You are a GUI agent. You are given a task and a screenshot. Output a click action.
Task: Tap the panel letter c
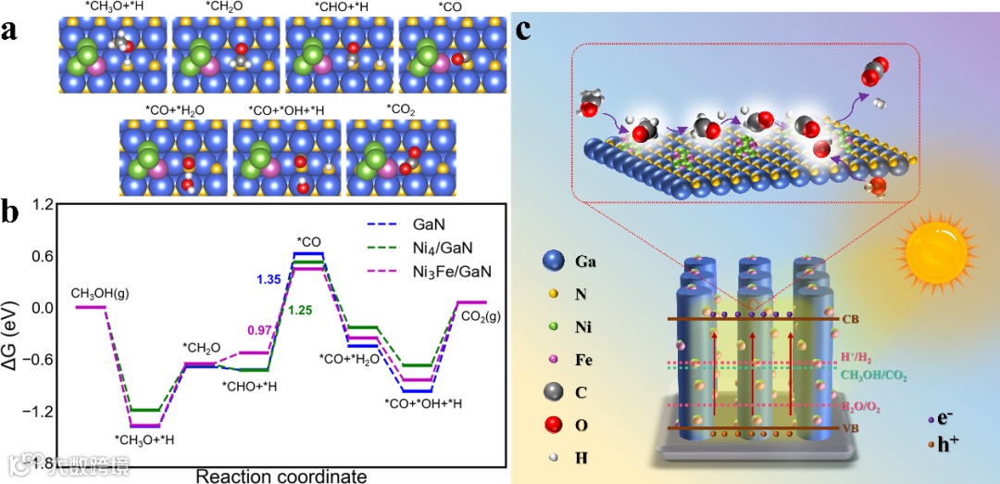click(x=524, y=31)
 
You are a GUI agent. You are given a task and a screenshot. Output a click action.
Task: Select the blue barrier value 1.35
click(x=269, y=278)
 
